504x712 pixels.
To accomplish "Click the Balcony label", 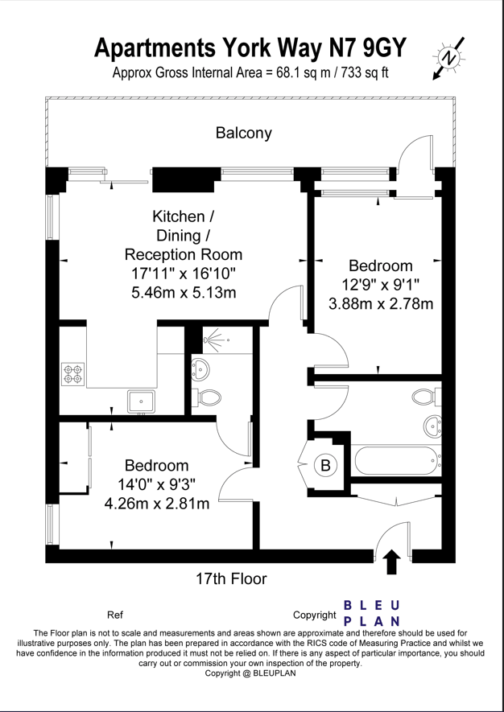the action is pyautogui.click(x=244, y=133).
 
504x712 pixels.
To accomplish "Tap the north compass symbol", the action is pyautogui.click(x=449, y=58).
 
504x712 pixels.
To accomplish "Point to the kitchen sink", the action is pyautogui.click(x=142, y=401).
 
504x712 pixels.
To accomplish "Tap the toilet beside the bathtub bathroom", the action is pyautogui.click(x=427, y=397).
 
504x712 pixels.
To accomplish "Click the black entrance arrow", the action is pyautogui.click(x=393, y=562).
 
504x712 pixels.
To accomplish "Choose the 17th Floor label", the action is pyautogui.click(x=231, y=579).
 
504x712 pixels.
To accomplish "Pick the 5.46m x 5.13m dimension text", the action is pyautogui.click(x=184, y=292).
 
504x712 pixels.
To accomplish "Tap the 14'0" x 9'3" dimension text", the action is pyautogui.click(x=157, y=484).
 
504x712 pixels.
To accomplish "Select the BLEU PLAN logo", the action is pyautogui.click(x=372, y=614).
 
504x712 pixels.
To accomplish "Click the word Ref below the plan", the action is pyautogui.click(x=115, y=615).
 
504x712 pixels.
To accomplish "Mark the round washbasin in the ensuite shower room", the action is pyautogui.click(x=201, y=368).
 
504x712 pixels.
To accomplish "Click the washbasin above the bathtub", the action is pyautogui.click(x=432, y=426).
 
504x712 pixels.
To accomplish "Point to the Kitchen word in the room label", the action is pyautogui.click(x=179, y=216).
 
